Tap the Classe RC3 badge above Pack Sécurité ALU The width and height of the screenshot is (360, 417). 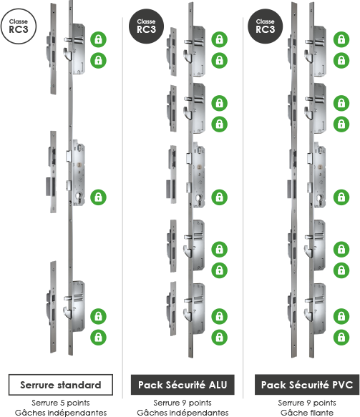pos(146,26)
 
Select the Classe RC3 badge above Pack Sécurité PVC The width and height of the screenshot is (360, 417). pos(265,26)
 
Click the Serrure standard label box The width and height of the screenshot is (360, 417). pos(61,385)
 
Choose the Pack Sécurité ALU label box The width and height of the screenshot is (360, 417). pos(183,385)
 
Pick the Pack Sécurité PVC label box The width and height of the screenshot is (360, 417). pos(307,385)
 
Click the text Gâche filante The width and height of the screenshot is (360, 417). pos(307,413)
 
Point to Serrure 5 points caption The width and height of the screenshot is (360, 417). pos(61,403)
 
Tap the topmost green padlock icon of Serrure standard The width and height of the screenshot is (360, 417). pos(99,39)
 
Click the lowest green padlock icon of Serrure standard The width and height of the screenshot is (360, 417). pos(99,337)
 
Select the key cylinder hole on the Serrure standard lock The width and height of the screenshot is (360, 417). pos(79,197)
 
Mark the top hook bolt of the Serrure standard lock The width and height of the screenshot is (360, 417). pos(67,54)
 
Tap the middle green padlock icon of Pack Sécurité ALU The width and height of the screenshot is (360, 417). pos(219,197)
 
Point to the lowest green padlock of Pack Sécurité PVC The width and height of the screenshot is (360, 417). pos(341,337)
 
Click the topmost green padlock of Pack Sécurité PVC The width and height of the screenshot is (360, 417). pos(341,39)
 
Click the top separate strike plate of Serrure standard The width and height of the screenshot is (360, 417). pos(53,49)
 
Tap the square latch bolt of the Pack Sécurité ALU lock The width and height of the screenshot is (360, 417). pos(189,159)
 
